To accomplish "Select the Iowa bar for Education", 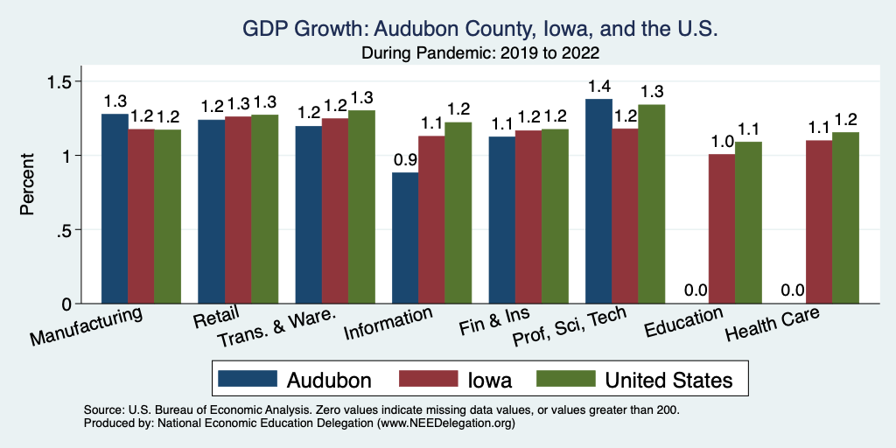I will click(722, 228).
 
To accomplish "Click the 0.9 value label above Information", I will click(405, 160).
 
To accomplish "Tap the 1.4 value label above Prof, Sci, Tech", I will click(598, 87).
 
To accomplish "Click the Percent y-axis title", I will click(28, 185).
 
